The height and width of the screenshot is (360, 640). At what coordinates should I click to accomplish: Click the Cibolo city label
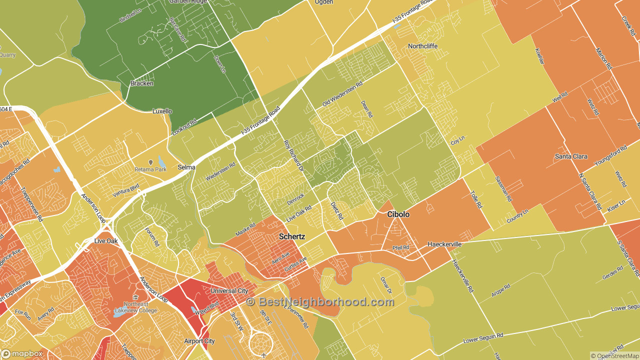pos(398,214)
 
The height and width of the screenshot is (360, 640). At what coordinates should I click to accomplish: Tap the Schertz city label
pos(292,236)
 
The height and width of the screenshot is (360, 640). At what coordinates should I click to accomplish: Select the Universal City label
pos(229,290)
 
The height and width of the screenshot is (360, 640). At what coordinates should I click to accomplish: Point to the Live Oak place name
pos(105,241)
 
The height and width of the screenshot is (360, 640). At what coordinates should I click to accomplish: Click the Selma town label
pos(186,167)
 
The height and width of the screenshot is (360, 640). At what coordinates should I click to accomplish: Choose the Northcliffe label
pos(422,46)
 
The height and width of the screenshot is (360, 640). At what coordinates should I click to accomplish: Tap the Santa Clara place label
pos(571,156)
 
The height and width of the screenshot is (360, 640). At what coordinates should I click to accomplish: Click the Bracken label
pos(142,83)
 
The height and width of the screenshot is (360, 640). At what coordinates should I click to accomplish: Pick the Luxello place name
pos(162,111)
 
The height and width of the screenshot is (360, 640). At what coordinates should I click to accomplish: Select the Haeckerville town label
pos(444,244)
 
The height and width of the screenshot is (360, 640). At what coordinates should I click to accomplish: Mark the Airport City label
pos(199,341)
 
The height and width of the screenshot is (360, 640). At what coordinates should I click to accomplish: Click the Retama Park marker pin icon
pos(150,162)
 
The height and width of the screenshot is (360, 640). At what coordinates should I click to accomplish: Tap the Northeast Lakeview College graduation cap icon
pos(136,297)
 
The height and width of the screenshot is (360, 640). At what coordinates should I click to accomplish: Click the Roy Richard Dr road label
pos(293,156)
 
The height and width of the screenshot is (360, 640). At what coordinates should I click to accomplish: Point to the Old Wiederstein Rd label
pos(342,93)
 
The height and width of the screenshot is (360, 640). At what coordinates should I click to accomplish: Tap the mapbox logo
pos(22,353)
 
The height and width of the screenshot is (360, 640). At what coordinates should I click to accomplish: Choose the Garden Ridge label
pos(187,1)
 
